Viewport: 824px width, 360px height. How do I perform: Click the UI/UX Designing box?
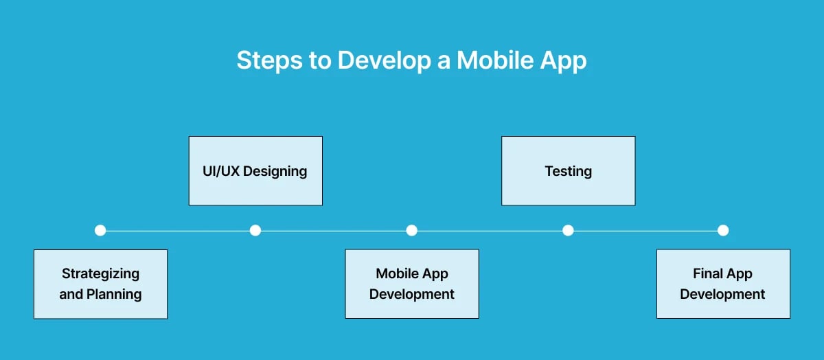tap(255, 171)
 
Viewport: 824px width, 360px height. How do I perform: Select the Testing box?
tap(568, 171)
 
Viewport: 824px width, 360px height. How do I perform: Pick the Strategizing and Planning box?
tap(100, 284)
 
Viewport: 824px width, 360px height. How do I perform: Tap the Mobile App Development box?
tap(412, 284)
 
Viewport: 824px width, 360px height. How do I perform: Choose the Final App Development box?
tap(723, 284)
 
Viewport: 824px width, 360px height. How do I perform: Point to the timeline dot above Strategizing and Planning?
tap(100, 230)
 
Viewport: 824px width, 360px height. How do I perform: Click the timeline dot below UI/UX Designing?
tap(255, 230)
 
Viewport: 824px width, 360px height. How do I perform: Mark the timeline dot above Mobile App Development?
tap(412, 230)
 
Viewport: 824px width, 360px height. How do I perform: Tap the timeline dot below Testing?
tap(568, 230)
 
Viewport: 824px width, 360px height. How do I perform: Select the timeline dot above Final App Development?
tap(723, 230)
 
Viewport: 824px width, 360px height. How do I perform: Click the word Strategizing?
tap(100, 273)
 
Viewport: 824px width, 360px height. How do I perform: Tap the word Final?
tap(707, 273)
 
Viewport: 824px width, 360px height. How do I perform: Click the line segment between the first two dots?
tap(178, 230)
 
